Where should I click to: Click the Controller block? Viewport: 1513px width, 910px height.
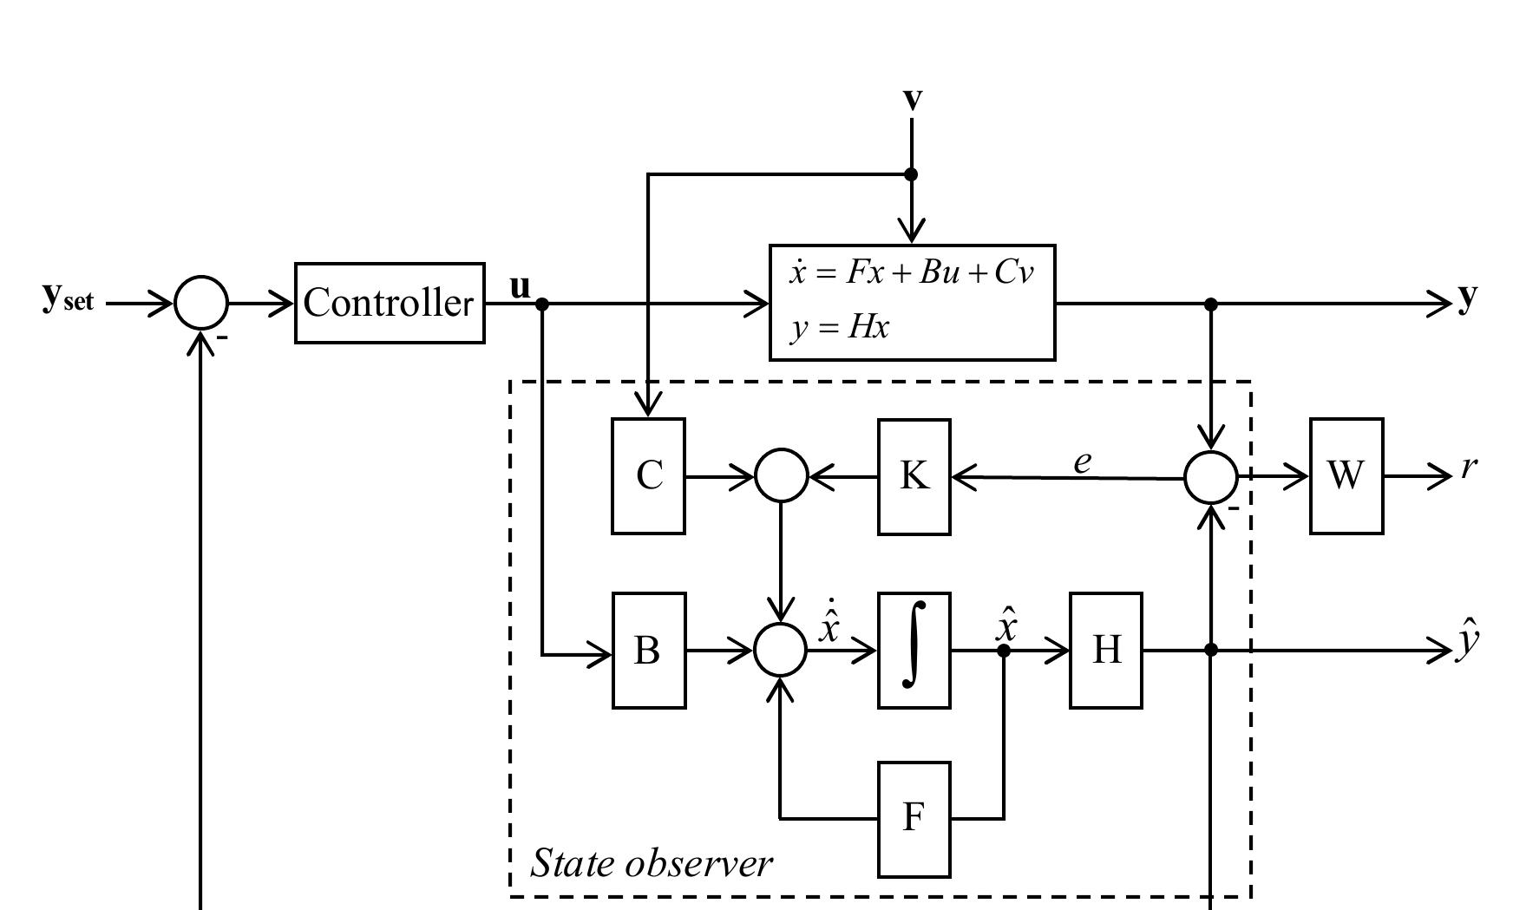point(390,303)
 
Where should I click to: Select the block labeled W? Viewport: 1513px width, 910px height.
point(1346,476)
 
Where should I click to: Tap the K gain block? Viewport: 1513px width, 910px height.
point(914,476)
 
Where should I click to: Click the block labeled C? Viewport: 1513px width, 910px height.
point(648,476)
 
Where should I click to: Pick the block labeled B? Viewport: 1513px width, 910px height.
point(648,651)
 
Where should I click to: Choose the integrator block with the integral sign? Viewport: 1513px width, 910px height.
point(914,651)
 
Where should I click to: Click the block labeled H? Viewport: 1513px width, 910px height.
point(1105,651)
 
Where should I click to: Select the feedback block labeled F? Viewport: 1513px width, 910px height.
point(914,819)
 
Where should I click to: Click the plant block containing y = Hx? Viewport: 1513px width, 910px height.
point(912,303)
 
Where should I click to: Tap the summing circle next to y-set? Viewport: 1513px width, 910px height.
point(201,304)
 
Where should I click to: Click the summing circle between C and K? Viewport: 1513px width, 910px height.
point(782,475)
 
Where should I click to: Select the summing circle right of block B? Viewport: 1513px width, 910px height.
point(782,651)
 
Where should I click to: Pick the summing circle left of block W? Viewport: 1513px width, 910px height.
point(1211,477)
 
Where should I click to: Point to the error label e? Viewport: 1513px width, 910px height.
point(1082,462)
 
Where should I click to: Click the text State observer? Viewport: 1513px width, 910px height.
point(651,863)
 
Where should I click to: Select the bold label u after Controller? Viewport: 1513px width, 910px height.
point(520,286)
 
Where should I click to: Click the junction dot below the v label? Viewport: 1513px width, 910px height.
point(911,174)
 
